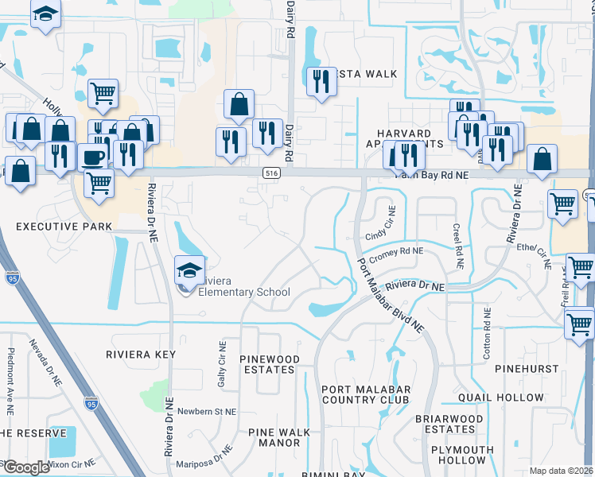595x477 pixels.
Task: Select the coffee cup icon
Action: click(x=93, y=156)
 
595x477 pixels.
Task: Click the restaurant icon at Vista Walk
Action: click(x=321, y=80)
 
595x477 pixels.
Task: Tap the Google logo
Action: click(x=26, y=467)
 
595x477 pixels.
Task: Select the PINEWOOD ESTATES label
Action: click(x=270, y=365)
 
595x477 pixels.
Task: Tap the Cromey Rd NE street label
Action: click(x=396, y=250)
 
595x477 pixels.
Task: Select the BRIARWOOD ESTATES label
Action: click(x=449, y=424)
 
